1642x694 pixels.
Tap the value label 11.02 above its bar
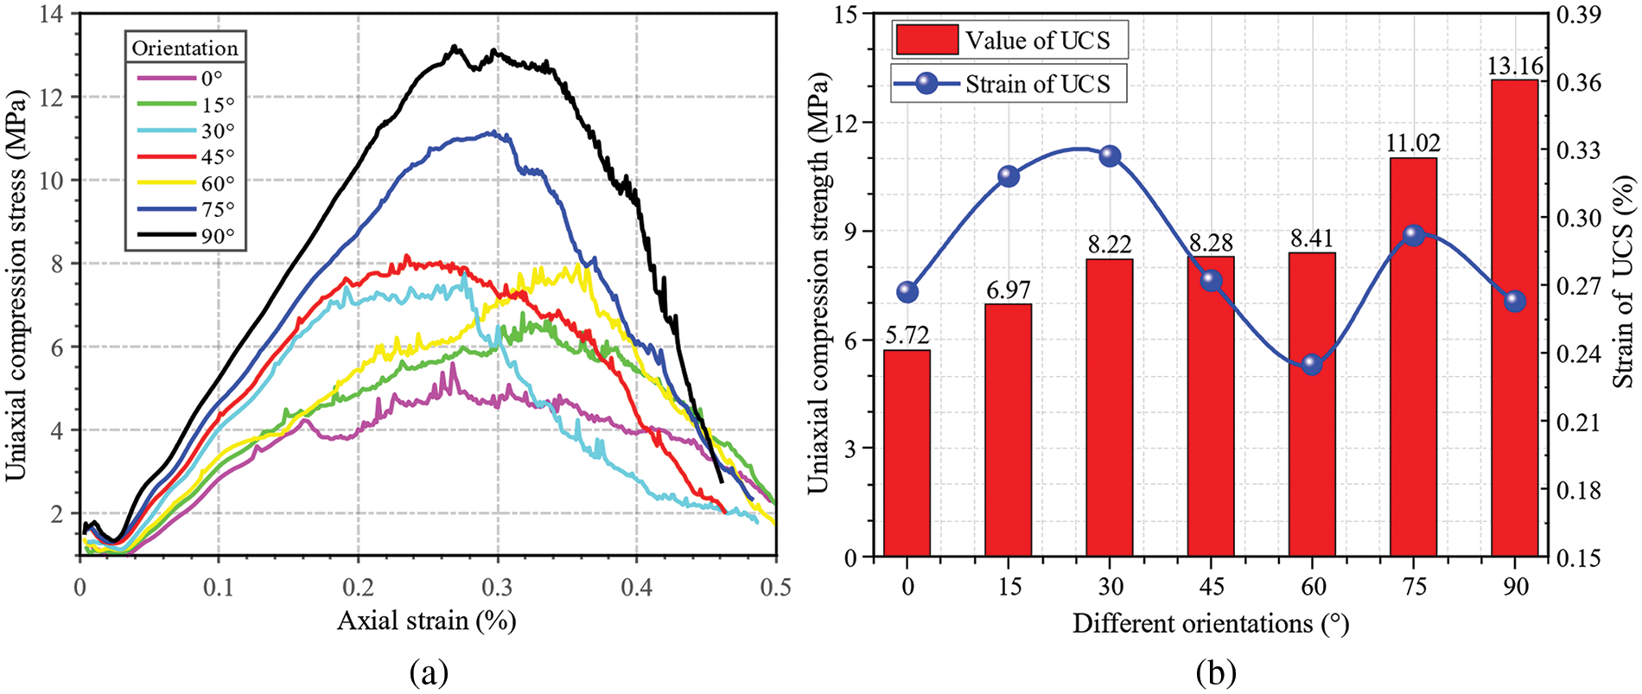pos(1413,143)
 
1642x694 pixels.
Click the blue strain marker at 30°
pos(1111,156)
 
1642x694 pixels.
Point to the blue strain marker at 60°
pos(1312,364)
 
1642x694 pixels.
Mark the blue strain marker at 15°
pos(1009,176)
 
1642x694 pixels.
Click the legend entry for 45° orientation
pos(185,157)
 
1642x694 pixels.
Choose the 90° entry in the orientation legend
pos(185,236)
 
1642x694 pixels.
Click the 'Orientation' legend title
pos(184,48)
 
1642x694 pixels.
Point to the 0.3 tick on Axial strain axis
pos(498,588)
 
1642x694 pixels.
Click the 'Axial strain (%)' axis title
pos(426,621)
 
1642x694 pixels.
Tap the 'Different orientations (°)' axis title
pos(1210,623)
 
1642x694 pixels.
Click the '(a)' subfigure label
pos(430,672)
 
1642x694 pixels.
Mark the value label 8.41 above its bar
pos(1312,238)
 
